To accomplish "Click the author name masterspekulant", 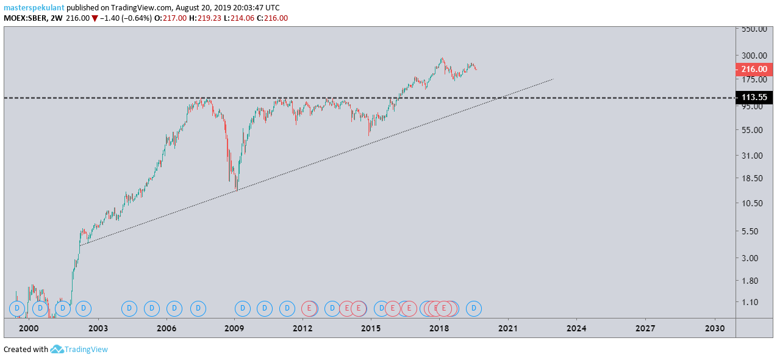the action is tap(34, 8).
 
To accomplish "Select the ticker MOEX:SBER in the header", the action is tap(25, 18).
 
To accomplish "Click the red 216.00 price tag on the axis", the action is tap(754, 69).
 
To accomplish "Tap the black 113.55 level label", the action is tap(754, 97).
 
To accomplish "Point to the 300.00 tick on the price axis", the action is tap(754, 56).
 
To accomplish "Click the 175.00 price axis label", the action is tap(754, 79).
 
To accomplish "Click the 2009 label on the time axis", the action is tap(234, 328).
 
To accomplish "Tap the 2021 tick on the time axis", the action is tap(508, 328).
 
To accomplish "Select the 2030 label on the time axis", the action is tap(715, 328).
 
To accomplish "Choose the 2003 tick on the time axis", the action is tap(98, 328).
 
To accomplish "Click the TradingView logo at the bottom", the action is tap(79, 349).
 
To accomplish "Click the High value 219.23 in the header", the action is tap(210, 18).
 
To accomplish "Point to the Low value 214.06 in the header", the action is tap(243, 18).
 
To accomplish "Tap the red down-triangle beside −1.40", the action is tap(95, 18).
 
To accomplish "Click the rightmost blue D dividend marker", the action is tap(474, 308).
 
